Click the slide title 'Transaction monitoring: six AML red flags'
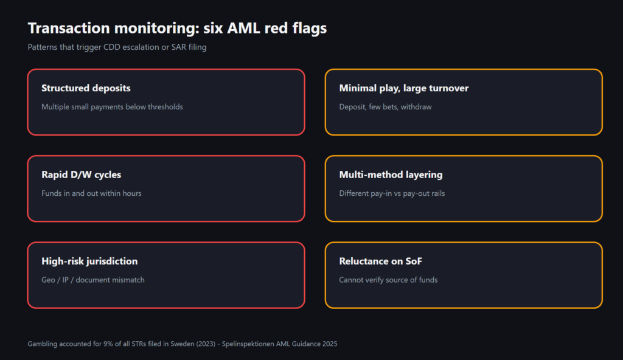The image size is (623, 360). coord(177,28)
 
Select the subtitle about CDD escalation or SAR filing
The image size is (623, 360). coord(117,47)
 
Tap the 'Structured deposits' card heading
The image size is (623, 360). coord(86,88)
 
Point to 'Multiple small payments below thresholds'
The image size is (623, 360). coord(112,107)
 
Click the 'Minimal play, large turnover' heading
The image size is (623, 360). coord(404,88)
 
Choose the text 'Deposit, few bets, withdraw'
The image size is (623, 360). coord(385,107)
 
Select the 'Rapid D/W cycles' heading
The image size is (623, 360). coord(81,175)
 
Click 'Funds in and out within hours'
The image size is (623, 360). coord(91,193)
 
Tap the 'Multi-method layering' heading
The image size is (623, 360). coord(391,175)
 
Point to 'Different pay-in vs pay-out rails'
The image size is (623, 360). coord(392,193)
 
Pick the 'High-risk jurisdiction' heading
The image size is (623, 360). coord(89,261)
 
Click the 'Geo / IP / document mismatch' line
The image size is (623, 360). coord(93,280)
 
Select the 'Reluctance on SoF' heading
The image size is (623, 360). coord(380,261)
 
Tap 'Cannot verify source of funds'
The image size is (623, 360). coord(388,280)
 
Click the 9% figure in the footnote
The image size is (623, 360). coord(108,344)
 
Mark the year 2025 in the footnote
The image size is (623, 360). coord(329,344)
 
